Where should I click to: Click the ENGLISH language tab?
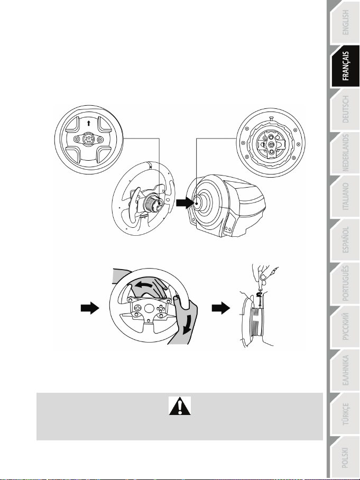[x=345, y=22]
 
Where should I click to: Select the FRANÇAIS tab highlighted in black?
[x=345, y=66]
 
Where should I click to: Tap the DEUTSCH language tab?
[x=345, y=109]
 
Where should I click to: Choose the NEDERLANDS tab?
[x=345, y=153]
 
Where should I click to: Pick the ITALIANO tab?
[x=345, y=196]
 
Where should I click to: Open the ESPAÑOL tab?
[x=345, y=239]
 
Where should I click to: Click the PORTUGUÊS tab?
[x=345, y=283]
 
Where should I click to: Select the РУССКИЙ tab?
[x=345, y=327]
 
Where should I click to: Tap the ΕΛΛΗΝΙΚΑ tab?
[x=345, y=370]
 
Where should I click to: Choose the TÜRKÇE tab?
[x=345, y=413]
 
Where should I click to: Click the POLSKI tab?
[x=345, y=457]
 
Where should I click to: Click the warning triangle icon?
[x=180, y=406]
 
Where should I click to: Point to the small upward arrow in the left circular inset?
[x=88, y=123]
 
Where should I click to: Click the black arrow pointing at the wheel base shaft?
[x=185, y=202]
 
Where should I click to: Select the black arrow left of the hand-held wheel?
[x=90, y=308]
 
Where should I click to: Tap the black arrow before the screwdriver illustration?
[x=221, y=308]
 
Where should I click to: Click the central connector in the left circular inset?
[x=88, y=140]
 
